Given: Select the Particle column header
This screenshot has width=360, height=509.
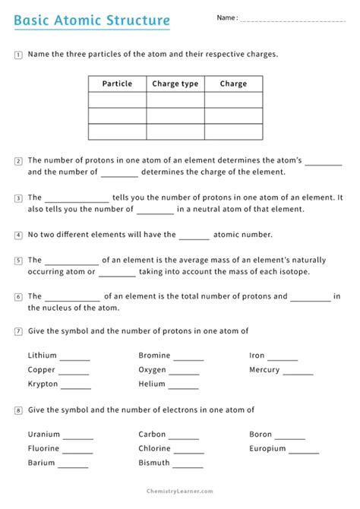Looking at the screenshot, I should pos(117,84).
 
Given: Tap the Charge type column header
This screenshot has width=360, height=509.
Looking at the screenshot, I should pos(175,84).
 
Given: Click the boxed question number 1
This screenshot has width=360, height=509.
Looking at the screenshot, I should pos(18,55).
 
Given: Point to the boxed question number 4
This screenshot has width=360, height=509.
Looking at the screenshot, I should pos(18,236).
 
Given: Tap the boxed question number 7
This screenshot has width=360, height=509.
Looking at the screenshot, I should pos(18,331).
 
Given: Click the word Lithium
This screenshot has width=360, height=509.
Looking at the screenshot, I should pos(43,356).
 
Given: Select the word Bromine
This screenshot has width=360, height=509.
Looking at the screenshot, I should pos(154,356).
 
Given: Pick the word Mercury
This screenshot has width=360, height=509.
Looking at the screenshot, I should pos(264,370).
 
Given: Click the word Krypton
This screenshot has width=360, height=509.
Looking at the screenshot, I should pos(43,384).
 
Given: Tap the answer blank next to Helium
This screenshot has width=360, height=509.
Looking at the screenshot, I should pos(183,386).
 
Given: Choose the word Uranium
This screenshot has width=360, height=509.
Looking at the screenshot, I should pos(43,435).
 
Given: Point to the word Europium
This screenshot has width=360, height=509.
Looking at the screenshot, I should pos(267,449).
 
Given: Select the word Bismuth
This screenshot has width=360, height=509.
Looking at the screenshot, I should pos(154,463).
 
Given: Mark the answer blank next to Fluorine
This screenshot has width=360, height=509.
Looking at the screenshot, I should pos(77,451).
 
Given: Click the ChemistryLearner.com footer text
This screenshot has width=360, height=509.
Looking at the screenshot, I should pos(179,492).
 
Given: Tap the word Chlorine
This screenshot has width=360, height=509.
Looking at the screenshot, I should pos(155,449).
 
